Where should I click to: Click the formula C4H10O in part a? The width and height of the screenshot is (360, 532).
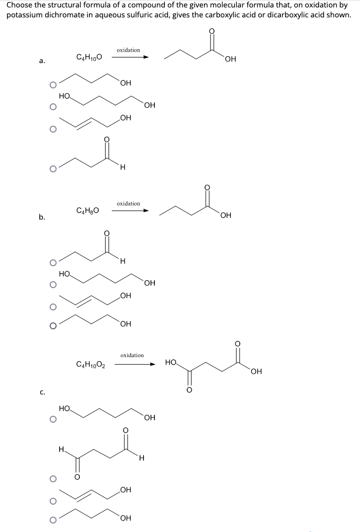pos(89,57)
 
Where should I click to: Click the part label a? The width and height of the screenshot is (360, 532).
pos(42,61)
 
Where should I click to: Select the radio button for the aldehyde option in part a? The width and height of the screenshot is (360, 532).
pos(52,168)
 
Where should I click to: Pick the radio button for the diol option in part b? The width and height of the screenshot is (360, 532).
pos(52,284)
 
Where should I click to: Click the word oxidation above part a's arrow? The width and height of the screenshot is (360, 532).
pos(128,50)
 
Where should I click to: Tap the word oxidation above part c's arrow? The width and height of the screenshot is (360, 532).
pos(132,355)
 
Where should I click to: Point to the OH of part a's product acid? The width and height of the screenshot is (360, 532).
pos(230,60)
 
